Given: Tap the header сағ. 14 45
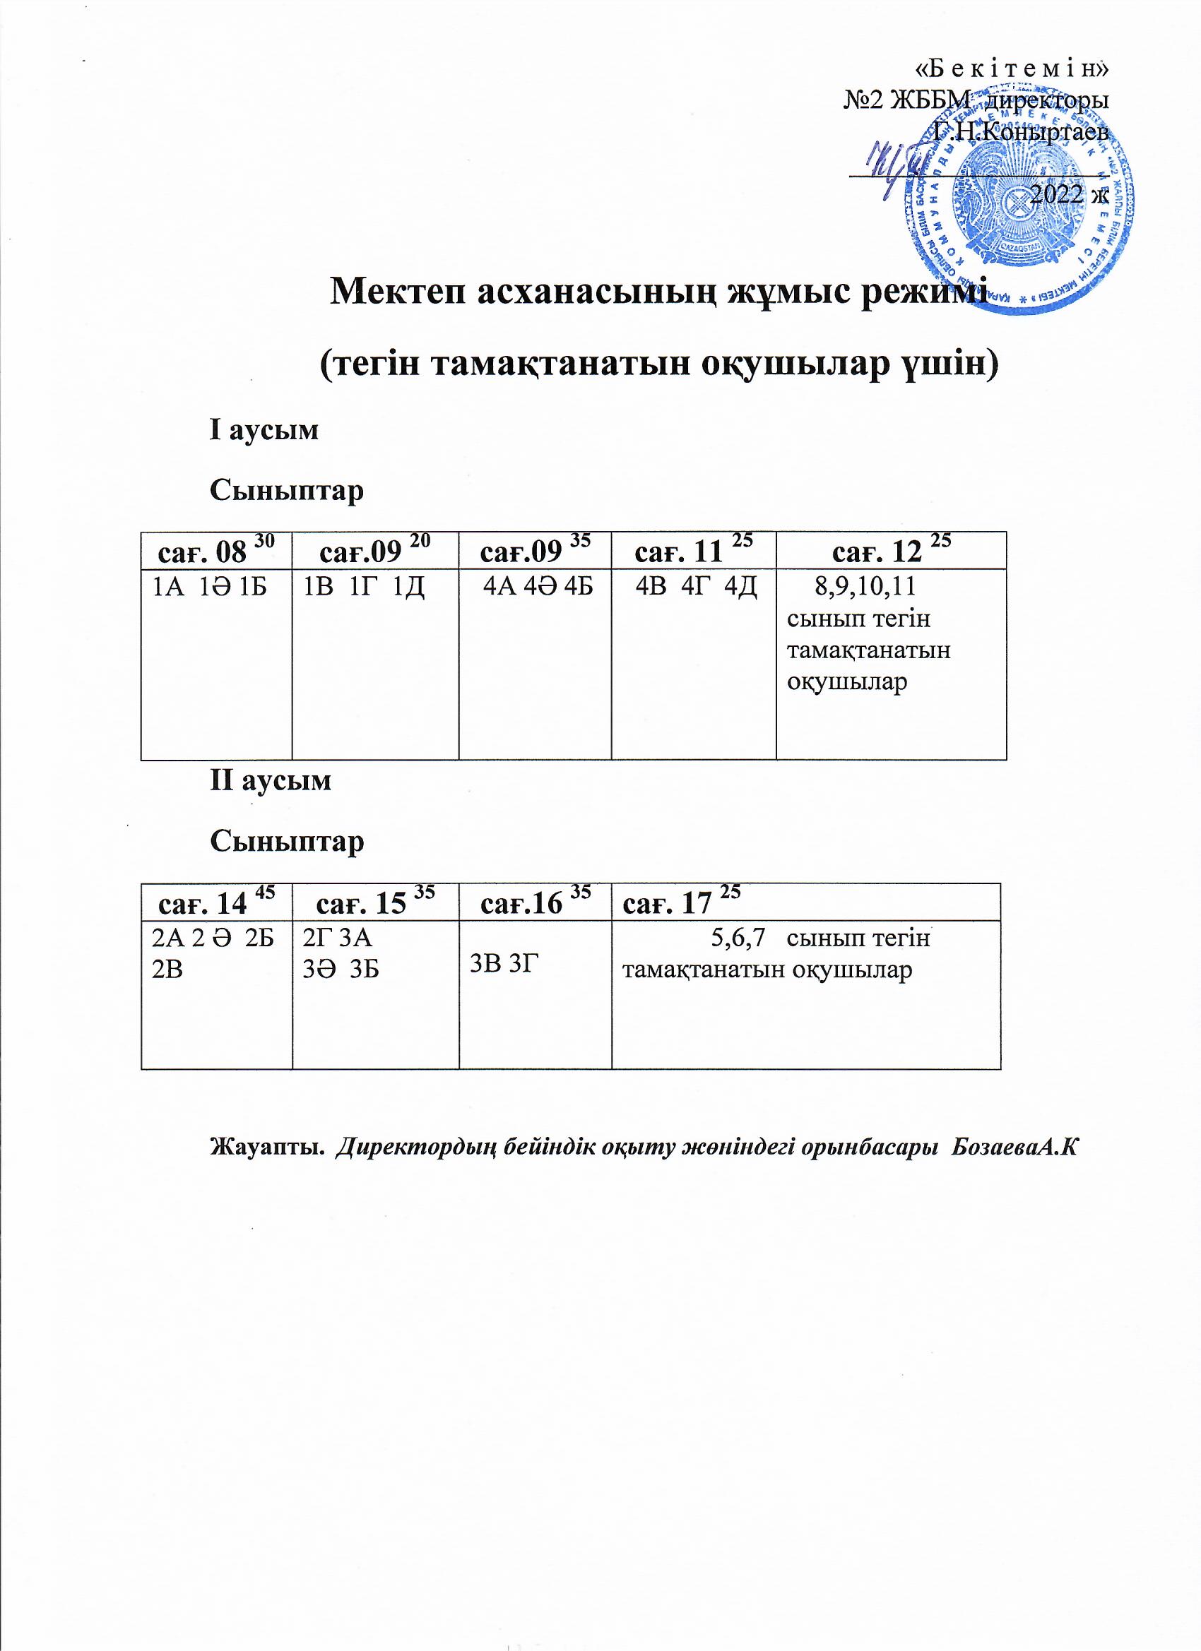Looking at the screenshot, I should (x=216, y=903).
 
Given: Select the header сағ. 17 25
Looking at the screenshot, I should (x=682, y=903).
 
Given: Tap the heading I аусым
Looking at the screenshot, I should (x=264, y=430).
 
